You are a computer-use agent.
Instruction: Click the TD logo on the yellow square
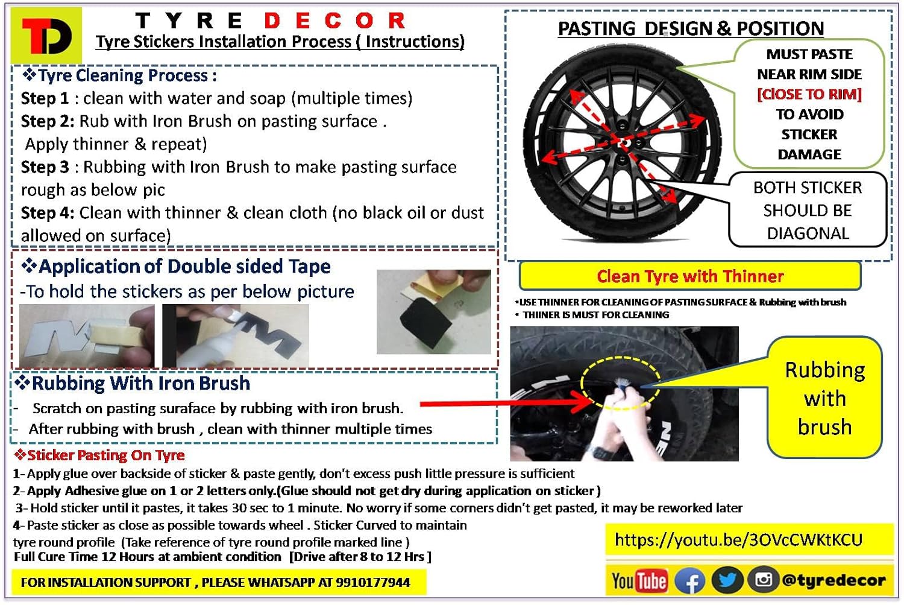pyautogui.click(x=47, y=36)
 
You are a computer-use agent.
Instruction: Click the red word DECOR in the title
pyautogui.click(x=334, y=21)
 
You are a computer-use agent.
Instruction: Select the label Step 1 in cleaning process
pyautogui.click(x=45, y=98)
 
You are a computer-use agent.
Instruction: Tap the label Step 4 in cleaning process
pyautogui.click(x=47, y=213)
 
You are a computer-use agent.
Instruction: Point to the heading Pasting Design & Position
pyautogui.click(x=691, y=28)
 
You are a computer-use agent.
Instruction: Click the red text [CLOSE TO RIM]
pyautogui.click(x=809, y=94)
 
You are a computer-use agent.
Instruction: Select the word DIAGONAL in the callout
pyautogui.click(x=808, y=233)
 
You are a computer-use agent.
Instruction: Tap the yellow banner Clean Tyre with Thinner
pyautogui.click(x=690, y=276)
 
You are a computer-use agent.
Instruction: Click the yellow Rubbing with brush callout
pyautogui.click(x=824, y=398)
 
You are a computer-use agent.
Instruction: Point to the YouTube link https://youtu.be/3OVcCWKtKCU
pyautogui.click(x=738, y=540)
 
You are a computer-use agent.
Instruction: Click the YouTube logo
pyautogui.click(x=639, y=581)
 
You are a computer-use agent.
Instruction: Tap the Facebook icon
pyautogui.click(x=690, y=581)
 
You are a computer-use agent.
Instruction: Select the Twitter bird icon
pyautogui.click(x=727, y=581)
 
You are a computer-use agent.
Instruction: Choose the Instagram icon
pyautogui.click(x=763, y=580)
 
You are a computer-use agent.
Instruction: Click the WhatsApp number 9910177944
pyautogui.click(x=373, y=583)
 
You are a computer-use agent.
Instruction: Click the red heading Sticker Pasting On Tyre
pyautogui.click(x=99, y=455)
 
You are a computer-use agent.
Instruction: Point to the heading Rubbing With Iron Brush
pyautogui.click(x=133, y=383)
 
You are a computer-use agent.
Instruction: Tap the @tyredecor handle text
pyautogui.click(x=833, y=580)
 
